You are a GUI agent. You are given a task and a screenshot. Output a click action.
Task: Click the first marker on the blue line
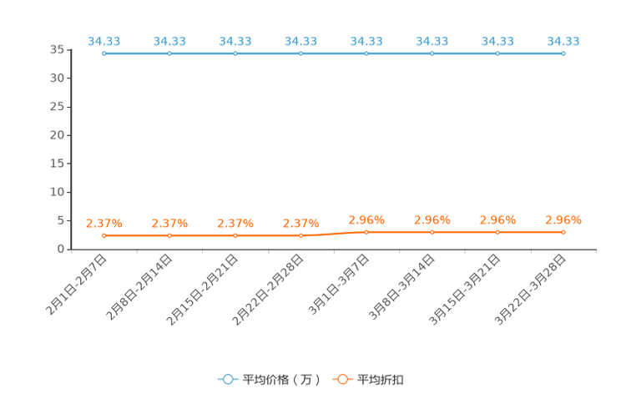pyautogui.click(x=103, y=53)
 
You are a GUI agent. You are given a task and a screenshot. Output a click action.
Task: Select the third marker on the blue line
pyautogui.click(x=235, y=53)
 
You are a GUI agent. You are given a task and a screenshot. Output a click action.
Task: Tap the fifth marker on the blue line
pyautogui.click(x=366, y=53)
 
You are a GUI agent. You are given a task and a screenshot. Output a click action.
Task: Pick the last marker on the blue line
pyautogui.click(x=563, y=53)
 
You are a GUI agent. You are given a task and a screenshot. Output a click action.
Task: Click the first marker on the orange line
pyautogui.click(x=103, y=235)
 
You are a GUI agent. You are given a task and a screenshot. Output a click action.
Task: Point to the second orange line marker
pyautogui.click(x=169, y=235)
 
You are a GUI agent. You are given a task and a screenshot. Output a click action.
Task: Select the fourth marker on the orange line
pyautogui.click(x=301, y=235)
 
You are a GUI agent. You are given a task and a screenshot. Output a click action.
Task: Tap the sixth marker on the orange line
pyautogui.click(x=432, y=231)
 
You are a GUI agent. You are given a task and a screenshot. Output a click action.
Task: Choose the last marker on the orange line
pyautogui.click(x=563, y=231)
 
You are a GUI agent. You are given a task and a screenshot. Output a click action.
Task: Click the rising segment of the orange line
pyautogui.click(x=334, y=234)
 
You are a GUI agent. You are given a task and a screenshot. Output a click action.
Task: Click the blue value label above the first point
pyautogui.click(x=103, y=40)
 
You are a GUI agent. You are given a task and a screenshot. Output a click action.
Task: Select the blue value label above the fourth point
pyautogui.click(x=301, y=40)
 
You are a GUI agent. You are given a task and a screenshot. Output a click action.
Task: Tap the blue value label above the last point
pyautogui.click(x=563, y=40)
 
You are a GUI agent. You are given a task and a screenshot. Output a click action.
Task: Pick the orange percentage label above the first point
pyautogui.click(x=103, y=224)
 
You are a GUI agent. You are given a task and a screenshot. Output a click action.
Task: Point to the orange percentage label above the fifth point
pyautogui.click(x=366, y=220)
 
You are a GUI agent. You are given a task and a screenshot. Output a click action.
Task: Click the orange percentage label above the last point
pyautogui.click(x=563, y=220)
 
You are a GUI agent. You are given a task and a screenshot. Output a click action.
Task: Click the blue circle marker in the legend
pyautogui.click(x=227, y=379)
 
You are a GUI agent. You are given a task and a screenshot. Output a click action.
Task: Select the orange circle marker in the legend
pyautogui.click(x=342, y=379)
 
